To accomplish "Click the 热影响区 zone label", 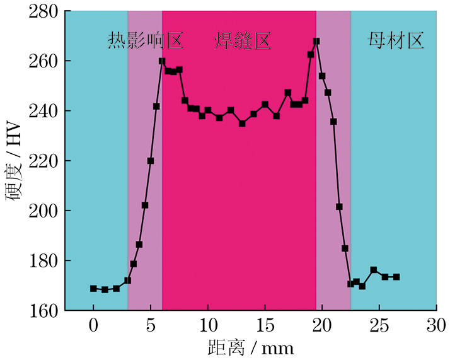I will pyautogui.click(x=145, y=42).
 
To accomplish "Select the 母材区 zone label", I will pyautogui.click(x=395, y=42).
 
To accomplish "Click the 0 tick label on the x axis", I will pyautogui.click(x=93, y=325).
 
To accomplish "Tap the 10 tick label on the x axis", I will pyautogui.click(x=207, y=325).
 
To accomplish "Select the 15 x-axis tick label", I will pyautogui.click(x=265, y=325).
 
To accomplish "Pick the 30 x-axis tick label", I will pyautogui.click(x=436, y=325).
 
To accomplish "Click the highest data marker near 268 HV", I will pyautogui.click(x=316, y=41).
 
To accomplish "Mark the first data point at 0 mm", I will pyautogui.click(x=93, y=288).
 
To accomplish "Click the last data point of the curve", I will pyautogui.click(x=396, y=277).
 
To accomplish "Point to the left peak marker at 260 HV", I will pyautogui.click(x=162, y=61).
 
